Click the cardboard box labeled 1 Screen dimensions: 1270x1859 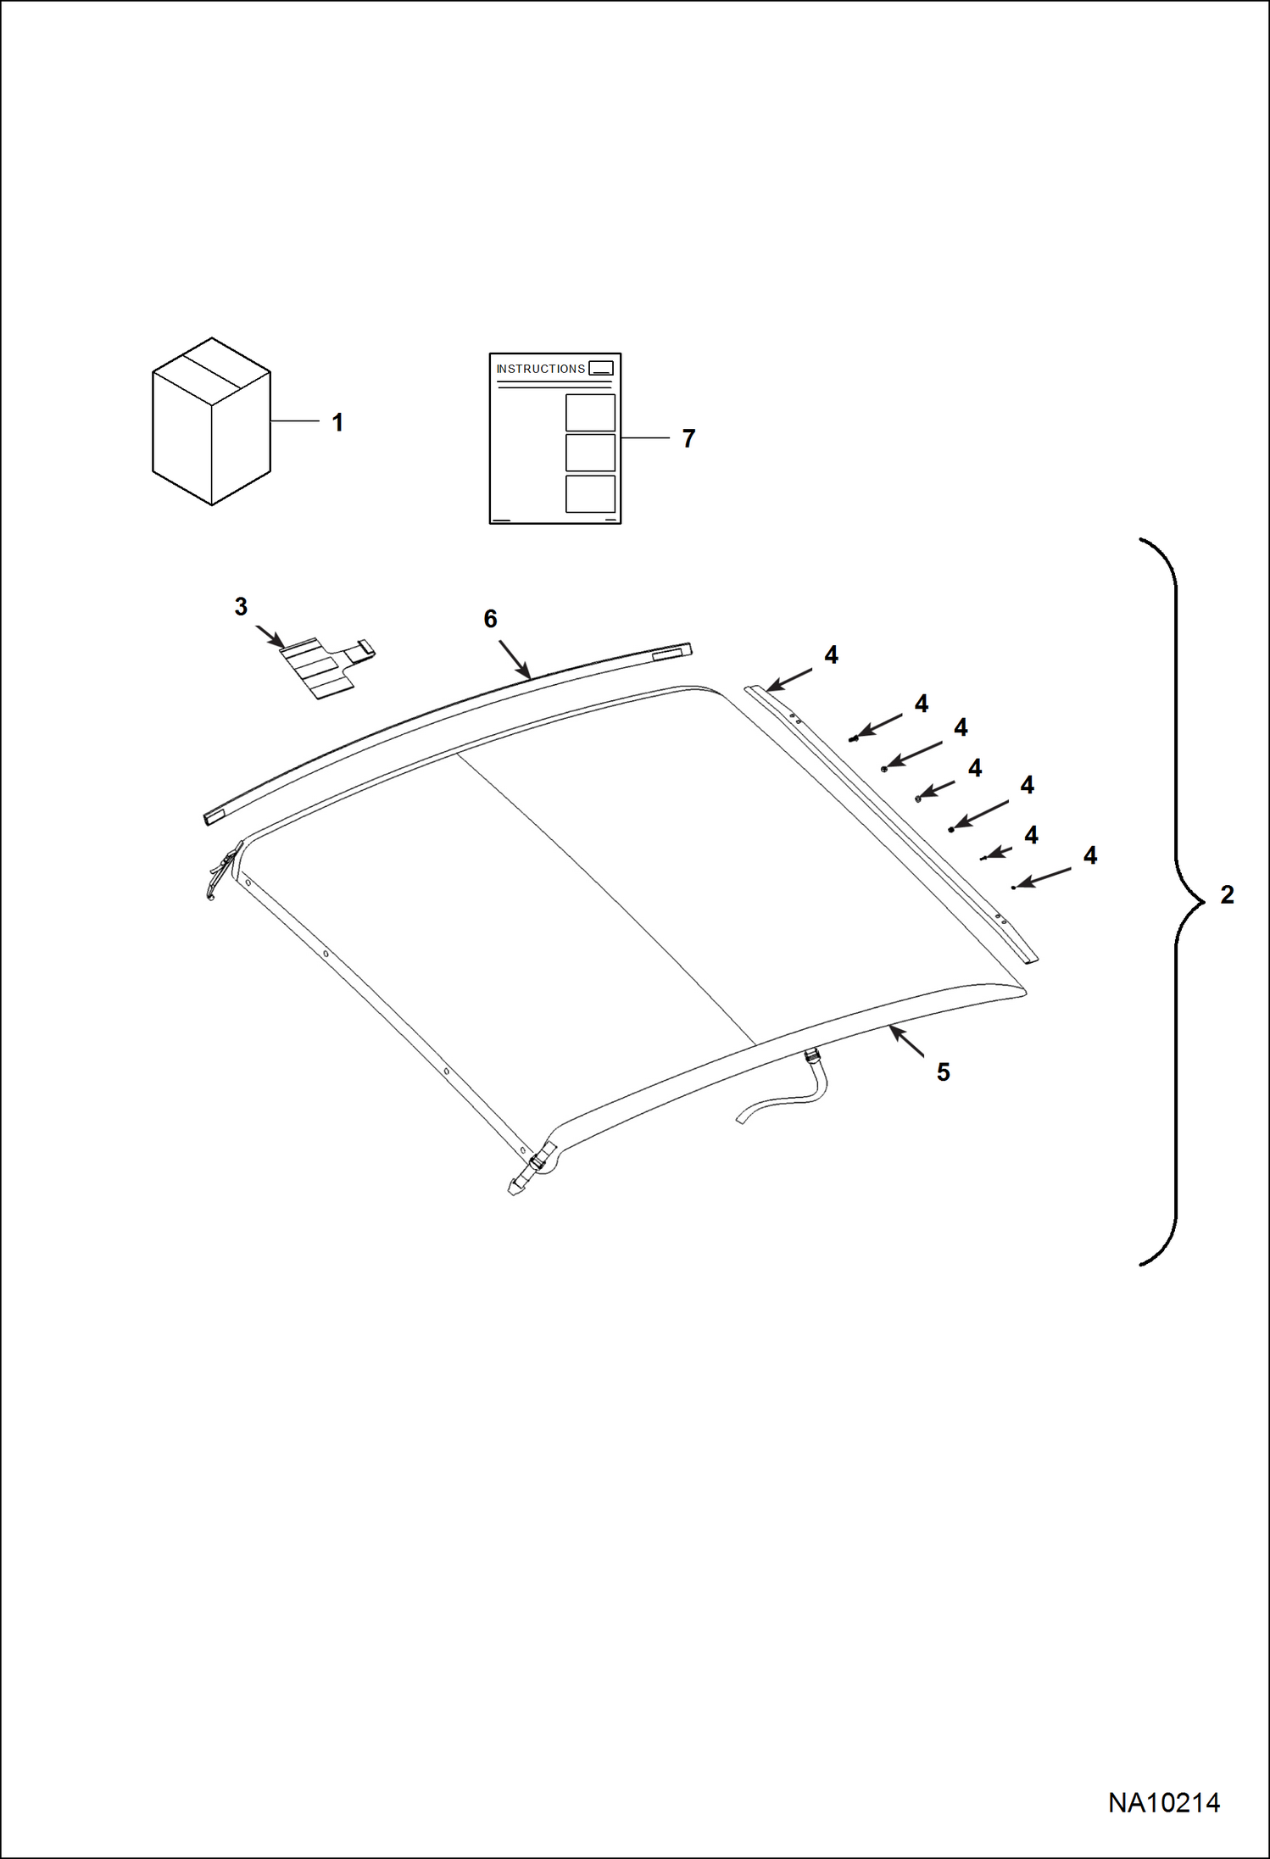(211, 421)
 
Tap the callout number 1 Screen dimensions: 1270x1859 (337, 422)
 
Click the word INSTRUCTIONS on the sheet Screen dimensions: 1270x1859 (540, 369)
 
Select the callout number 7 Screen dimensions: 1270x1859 (688, 438)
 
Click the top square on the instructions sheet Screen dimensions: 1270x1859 (590, 413)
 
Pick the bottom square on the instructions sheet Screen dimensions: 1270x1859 (590, 493)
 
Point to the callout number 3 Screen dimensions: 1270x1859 (241, 606)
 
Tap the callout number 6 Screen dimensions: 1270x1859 (490, 619)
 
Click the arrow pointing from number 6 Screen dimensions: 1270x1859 (515, 659)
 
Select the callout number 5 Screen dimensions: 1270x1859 (943, 1072)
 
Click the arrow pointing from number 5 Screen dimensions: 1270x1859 (906, 1041)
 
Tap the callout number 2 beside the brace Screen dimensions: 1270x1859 (1227, 894)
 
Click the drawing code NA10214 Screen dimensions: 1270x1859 (1164, 1802)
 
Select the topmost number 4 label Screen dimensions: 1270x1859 (831, 654)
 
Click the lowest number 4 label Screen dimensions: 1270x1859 (1090, 855)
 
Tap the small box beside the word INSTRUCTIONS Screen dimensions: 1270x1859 (601, 368)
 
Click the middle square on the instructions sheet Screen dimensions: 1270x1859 (590, 453)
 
